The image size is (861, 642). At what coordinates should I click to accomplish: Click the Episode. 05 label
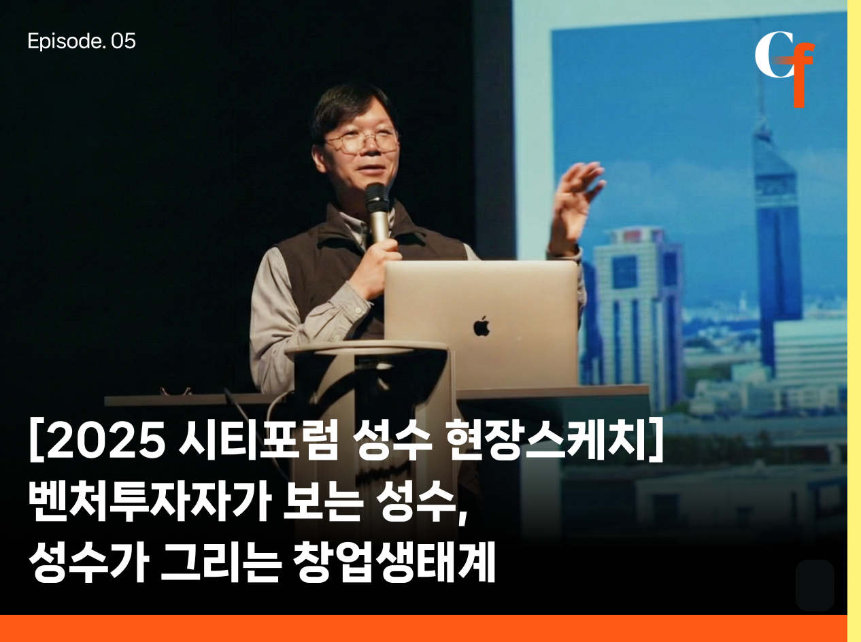(x=82, y=41)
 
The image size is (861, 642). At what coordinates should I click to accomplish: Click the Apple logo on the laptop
(x=482, y=326)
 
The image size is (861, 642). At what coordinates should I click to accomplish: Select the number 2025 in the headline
(x=106, y=441)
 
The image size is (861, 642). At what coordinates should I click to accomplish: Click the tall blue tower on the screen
(x=777, y=235)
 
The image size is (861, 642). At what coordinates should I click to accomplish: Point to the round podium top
(x=367, y=349)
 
